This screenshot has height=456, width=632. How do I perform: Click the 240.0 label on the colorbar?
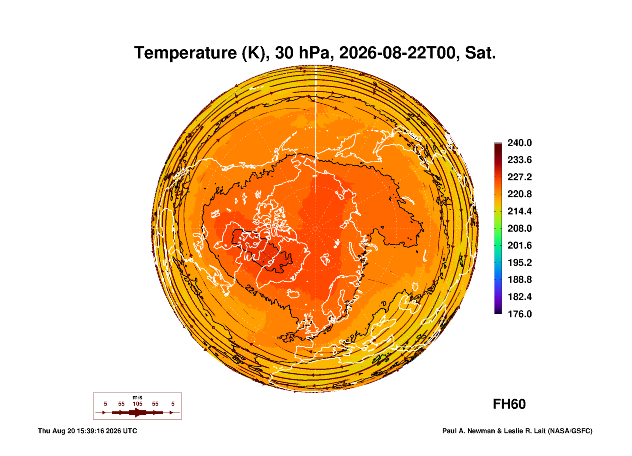pyautogui.click(x=519, y=143)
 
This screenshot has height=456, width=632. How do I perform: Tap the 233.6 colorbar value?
pyautogui.click(x=519, y=160)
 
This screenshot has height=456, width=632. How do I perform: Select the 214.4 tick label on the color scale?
pyautogui.click(x=519, y=211)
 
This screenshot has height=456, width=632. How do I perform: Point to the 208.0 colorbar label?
pyautogui.click(x=519, y=228)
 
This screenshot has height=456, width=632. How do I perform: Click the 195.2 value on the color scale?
pyautogui.click(x=519, y=262)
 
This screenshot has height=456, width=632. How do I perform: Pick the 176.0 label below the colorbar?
pyautogui.click(x=519, y=314)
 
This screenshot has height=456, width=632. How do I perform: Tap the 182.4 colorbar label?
pyautogui.click(x=519, y=297)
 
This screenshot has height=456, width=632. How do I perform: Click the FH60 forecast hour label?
pyautogui.click(x=509, y=404)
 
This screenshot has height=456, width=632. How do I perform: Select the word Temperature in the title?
pyautogui.click(x=185, y=53)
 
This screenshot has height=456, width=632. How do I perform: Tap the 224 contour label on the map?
pyautogui.click(x=251, y=290)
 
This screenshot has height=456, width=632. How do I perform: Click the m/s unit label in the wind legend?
pyautogui.click(x=137, y=397)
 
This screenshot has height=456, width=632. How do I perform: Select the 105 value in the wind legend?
pyautogui.click(x=137, y=404)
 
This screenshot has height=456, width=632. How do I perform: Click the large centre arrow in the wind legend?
pyautogui.click(x=137, y=412)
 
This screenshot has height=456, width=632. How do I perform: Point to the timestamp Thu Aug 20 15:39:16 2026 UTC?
pyautogui.click(x=87, y=431)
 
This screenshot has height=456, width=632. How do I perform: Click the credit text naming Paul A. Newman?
pyautogui.click(x=517, y=431)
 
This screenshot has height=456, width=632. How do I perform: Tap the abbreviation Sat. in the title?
pyautogui.click(x=480, y=53)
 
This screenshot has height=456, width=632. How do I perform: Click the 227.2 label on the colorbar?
pyautogui.click(x=519, y=177)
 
